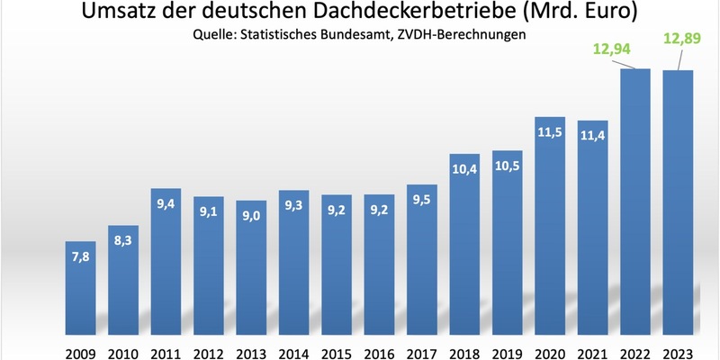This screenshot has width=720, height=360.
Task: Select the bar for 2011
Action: tap(166, 261)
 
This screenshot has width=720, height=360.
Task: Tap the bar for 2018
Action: tap(465, 243)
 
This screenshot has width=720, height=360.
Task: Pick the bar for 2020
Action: tap(550, 225)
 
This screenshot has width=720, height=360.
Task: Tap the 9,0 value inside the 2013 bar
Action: tap(252, 218)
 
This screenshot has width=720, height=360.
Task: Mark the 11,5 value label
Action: tap(550, 134)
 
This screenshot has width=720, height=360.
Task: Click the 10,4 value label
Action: tap(465, 171)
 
